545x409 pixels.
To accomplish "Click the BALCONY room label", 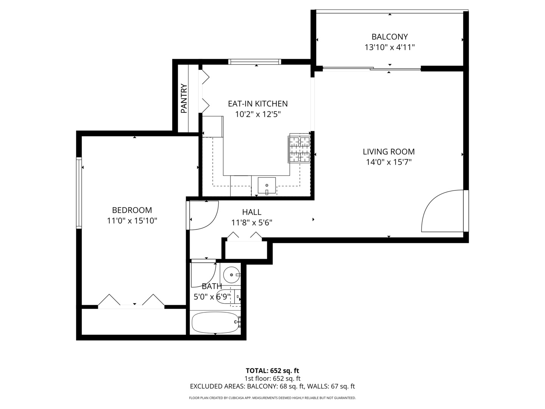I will [389, 37].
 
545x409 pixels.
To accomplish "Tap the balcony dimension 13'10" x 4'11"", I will [389, 47].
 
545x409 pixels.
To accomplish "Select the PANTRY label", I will [184, 99].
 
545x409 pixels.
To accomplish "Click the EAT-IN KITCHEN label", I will [258, 103].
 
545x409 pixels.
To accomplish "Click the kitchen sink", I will [267, 185].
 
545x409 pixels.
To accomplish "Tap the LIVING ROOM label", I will [389, 151].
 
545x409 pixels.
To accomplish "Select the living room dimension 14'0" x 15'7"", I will [389, 162].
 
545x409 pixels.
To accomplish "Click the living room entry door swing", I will [441, 212].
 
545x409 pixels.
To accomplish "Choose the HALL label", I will [252, 212].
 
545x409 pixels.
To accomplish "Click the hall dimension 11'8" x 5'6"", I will [252, 223].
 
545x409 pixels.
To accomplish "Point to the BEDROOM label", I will [132, 210].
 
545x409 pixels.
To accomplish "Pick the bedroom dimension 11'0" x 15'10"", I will [132, 220].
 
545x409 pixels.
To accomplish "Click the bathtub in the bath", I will [215, 322].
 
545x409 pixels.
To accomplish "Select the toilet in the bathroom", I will [229, 296].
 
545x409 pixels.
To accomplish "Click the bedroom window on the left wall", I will [79, 193].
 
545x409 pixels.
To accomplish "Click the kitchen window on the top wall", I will [255, 62].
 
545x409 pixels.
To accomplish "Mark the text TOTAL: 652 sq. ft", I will [272, 370].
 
